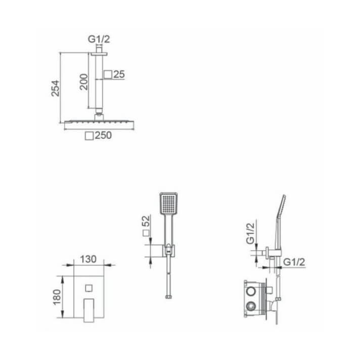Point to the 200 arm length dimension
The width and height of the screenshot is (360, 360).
click(84, 81)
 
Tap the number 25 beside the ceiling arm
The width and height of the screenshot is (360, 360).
click(119, 75)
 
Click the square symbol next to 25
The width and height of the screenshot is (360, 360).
click(108, 75)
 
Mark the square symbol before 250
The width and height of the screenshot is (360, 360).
click(89, 136)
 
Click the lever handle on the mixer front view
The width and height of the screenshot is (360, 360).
click(89, 307)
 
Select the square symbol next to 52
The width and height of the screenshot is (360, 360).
click(146, 233)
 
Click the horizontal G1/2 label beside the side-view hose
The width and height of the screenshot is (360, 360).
click(293, 262)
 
